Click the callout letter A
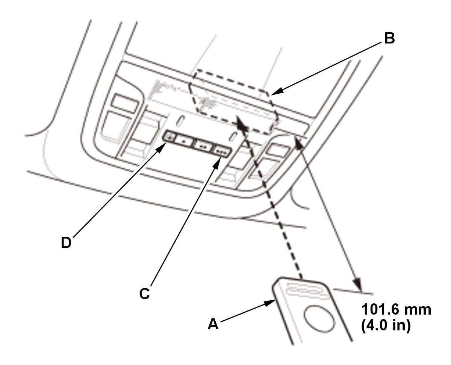point(213,324)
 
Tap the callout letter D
point(66,243)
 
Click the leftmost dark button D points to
point(169,137)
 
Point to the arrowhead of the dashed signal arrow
point(239,121)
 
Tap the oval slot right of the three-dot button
point(234,136)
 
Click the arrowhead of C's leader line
point(219,161)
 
